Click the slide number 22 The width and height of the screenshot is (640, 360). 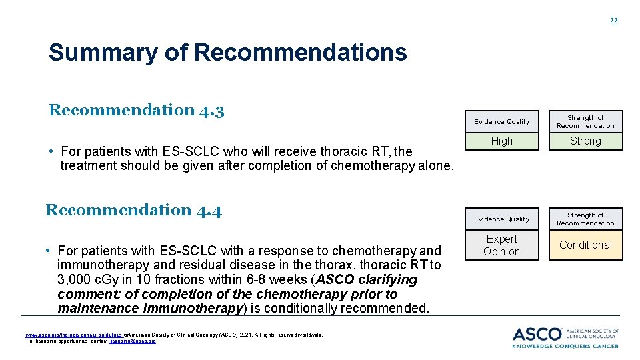[x=613, y=21]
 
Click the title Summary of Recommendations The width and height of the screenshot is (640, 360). [x=227, y=52]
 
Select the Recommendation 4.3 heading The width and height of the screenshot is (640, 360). [x=136, y=110]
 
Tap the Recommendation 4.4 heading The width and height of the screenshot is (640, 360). [x=133, y=210]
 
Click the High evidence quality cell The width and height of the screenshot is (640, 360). [x=501, y=141]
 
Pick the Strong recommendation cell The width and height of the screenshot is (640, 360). [x=585, y=141]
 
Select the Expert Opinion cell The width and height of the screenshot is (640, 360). [x=501, y=245]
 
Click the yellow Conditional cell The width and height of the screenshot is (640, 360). [x=585, y=245]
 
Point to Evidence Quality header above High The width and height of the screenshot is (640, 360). [x=501, y=122]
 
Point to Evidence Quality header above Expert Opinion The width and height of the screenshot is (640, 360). [x=501, y=219]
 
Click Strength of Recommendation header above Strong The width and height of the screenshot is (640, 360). [x=585, y=121]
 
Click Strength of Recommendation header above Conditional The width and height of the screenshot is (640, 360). [x=585, y=219]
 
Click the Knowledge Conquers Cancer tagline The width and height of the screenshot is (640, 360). [x=565, y=345]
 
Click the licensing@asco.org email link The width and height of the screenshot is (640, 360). [x=138, y=341]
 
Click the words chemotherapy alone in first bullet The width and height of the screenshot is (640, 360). [x=391, y=165]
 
